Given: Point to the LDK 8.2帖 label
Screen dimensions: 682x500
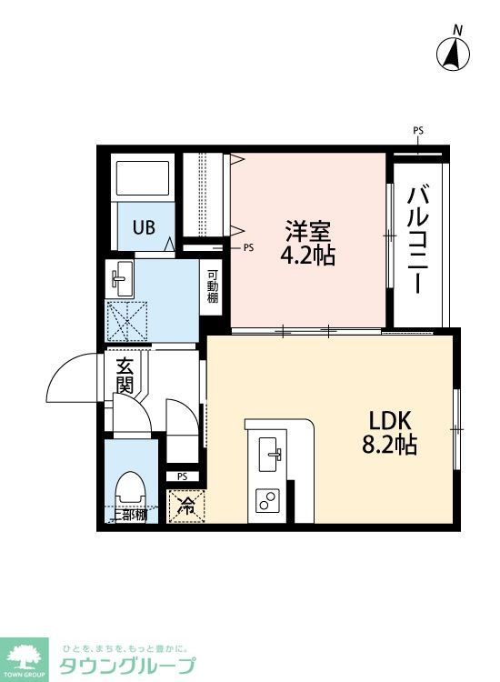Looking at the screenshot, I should [391, 433].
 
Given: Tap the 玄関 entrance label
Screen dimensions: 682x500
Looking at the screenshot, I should [125, 375].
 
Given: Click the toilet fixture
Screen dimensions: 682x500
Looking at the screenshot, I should [130, 489].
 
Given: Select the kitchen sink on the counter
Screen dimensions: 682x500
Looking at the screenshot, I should [269, 454].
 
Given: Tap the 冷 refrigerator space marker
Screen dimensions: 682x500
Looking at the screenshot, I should [187, 506].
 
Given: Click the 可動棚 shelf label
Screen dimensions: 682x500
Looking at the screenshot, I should [212, 286].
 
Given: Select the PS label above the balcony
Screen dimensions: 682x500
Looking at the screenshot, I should [418, 131].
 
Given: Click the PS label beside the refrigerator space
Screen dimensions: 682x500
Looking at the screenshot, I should [182, 476].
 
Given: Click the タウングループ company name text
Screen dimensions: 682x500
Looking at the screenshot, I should [126, 666].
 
